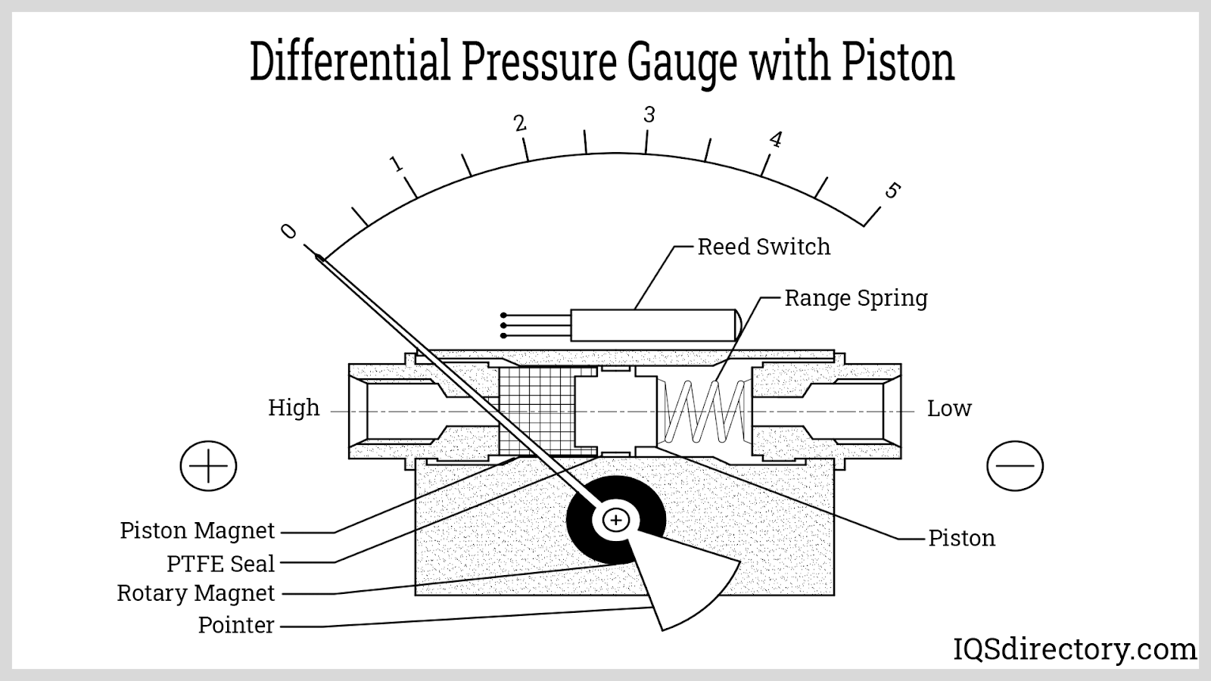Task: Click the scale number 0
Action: pos(288,231)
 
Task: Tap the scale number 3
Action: pos(649,115)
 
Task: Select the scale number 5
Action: pos(892,190)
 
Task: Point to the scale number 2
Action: pos(519,123)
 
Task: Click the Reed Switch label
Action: pos(763,247)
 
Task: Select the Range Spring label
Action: pos(855,298)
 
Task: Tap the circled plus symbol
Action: pos(208,465)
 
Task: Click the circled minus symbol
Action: pos(1015,465)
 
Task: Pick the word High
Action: pos(294,408)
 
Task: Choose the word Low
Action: pos(948,409)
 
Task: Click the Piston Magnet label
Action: pos(197,530)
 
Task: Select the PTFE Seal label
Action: pos(220,564)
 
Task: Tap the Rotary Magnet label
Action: pos(195,593)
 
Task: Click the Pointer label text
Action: pos(235,625)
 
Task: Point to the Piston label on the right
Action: pos(961,538)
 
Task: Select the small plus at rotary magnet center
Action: pos(617,520)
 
